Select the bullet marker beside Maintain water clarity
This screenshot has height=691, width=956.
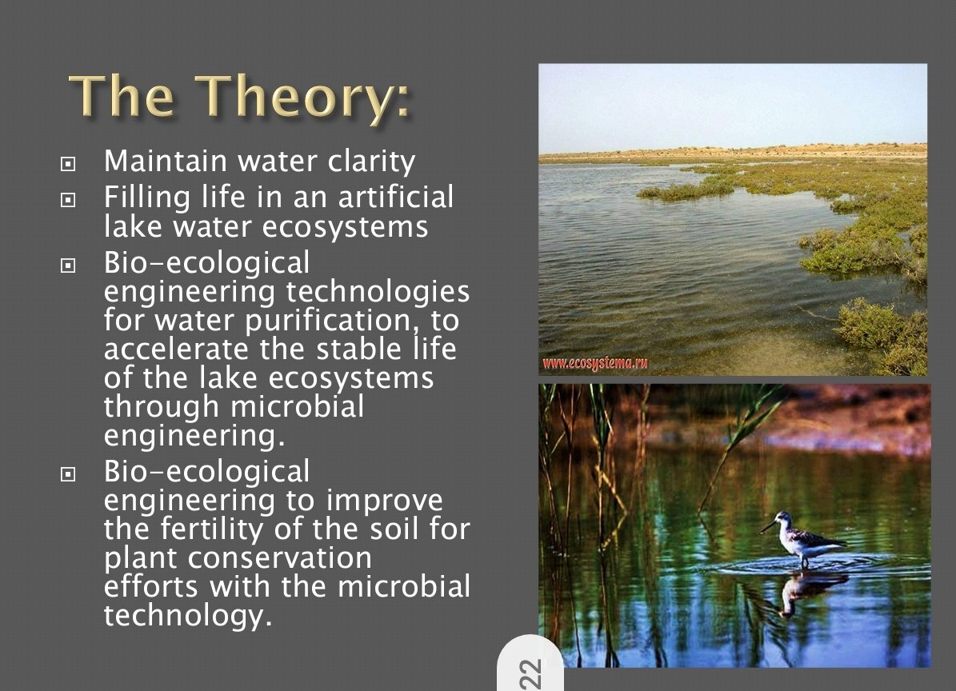68,163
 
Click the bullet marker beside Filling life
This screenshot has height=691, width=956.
68,199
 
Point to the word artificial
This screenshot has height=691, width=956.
396,197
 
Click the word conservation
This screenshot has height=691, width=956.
279,558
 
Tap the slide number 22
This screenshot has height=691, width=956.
530,673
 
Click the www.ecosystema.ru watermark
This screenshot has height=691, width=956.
594,364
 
